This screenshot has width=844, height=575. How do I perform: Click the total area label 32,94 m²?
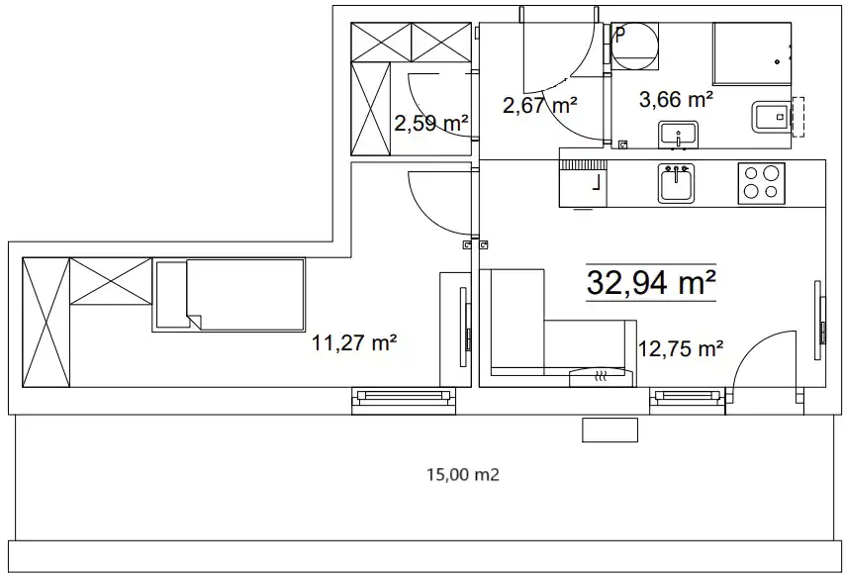tap(651, 282)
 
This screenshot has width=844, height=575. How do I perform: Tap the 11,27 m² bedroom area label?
tap(354, 342)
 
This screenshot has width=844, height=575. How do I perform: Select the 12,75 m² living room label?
tap(681, 348)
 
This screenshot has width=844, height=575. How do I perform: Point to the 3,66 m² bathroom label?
tap(677, 99)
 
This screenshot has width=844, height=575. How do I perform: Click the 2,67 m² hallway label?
tap(540, 105)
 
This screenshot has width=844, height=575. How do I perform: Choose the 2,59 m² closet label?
tap(431, 124)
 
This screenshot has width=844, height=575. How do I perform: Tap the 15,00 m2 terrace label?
tap(463, 475)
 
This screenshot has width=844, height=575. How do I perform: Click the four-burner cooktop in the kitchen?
tap(761, 183)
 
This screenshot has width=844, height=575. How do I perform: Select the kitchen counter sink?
tap(676, 183)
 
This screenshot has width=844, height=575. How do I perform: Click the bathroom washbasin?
tap(678, 135)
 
